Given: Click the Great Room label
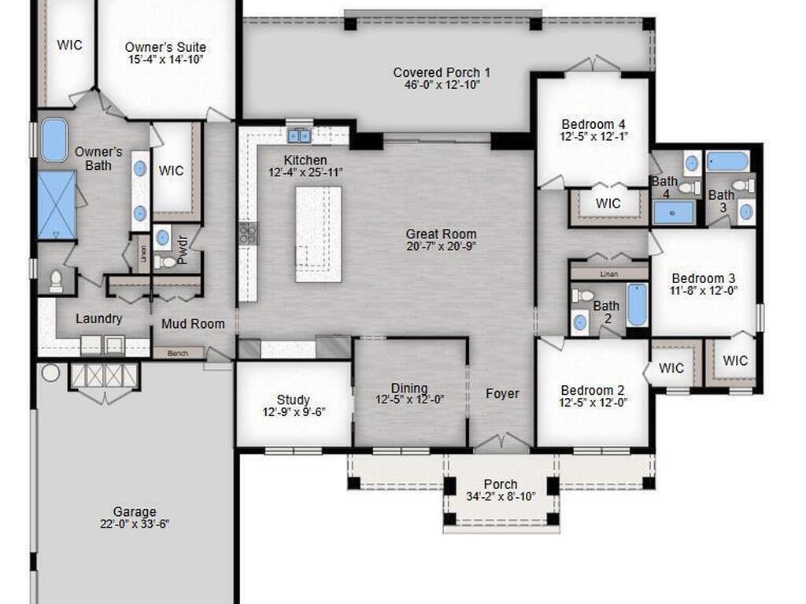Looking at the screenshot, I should (441, 234).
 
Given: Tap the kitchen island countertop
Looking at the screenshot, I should (319, 234).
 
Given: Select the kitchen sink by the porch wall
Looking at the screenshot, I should (299, 136).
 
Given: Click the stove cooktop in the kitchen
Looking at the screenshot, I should (248, 232).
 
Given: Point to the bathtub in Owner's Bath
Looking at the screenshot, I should (54, 139).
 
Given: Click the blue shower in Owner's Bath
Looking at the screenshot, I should (57, 205).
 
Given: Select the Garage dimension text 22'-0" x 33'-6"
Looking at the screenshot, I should (134, 525).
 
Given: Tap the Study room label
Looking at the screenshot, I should (293, 400).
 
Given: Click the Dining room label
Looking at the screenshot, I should (409, 388).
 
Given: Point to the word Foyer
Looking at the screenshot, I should (501, 393).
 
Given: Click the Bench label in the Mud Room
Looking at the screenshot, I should (178, 354).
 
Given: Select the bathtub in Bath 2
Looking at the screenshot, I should (636, 305).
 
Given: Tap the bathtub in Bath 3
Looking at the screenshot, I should (727, 161).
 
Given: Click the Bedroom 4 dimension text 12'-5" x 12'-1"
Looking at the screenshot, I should (593, 137).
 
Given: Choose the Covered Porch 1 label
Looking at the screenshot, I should (442, 72).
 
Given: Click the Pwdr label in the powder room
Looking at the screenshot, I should (183, 250).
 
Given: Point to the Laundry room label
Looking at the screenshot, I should (98, 319).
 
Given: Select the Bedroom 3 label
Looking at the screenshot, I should (703, 278).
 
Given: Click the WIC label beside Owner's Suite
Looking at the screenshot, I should (69, 45).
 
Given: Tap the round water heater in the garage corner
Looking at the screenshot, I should (50, 372).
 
